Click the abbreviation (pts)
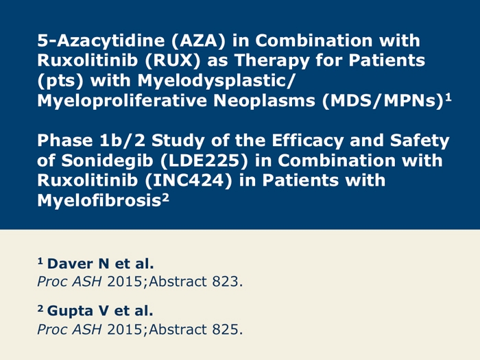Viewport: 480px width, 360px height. (58, 81)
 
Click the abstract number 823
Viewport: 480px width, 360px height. (229, 280)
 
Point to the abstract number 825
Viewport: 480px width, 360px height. (229, 329)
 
